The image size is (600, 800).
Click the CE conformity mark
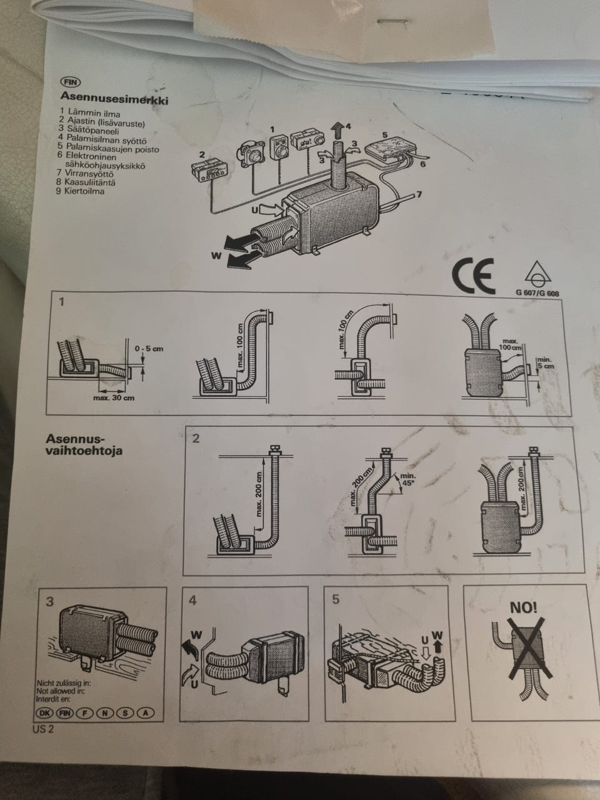(474, 276)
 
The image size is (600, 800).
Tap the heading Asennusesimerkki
(114, 97)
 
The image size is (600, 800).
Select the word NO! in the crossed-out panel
(523, 607)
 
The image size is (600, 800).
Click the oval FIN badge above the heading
(71, 82)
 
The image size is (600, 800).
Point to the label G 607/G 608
(537, 292)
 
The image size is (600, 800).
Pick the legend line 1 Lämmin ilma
(90, 112)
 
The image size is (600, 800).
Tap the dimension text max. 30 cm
(114, 397)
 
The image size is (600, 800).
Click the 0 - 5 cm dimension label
(149, 349)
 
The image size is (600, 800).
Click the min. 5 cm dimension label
(546, 362)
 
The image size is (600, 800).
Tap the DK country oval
(44, 712)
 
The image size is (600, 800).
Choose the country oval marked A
(146, 712)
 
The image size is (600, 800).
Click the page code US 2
(43, 729)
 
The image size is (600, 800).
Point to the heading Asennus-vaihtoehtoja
(84, 444)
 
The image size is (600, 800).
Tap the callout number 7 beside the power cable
(419, 194)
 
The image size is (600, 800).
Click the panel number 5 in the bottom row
(336, 599)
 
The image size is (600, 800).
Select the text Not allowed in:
(61, 691)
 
